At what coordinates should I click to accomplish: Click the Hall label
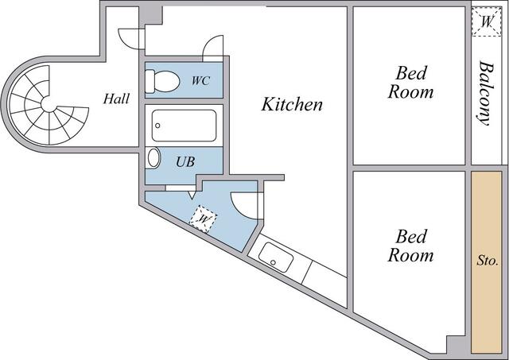click(x=118, y=99)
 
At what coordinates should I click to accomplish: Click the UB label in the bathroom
click(x=185, y=161)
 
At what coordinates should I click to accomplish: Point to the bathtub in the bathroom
click(x=184, y=126)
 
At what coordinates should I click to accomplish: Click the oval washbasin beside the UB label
click(x=153, y=157)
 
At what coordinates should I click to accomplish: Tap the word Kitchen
click(x=293, y=104)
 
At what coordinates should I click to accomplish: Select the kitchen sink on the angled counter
click(x=276, y=258)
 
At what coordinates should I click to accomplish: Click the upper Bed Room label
click(x=410, y=83)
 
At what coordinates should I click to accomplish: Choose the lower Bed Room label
click(x=410, y=246)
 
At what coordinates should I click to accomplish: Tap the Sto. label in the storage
click(x=487, y=260)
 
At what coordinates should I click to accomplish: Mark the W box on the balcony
click(x=485, y=22)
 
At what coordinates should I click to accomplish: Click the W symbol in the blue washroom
click(x=204, y=216)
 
